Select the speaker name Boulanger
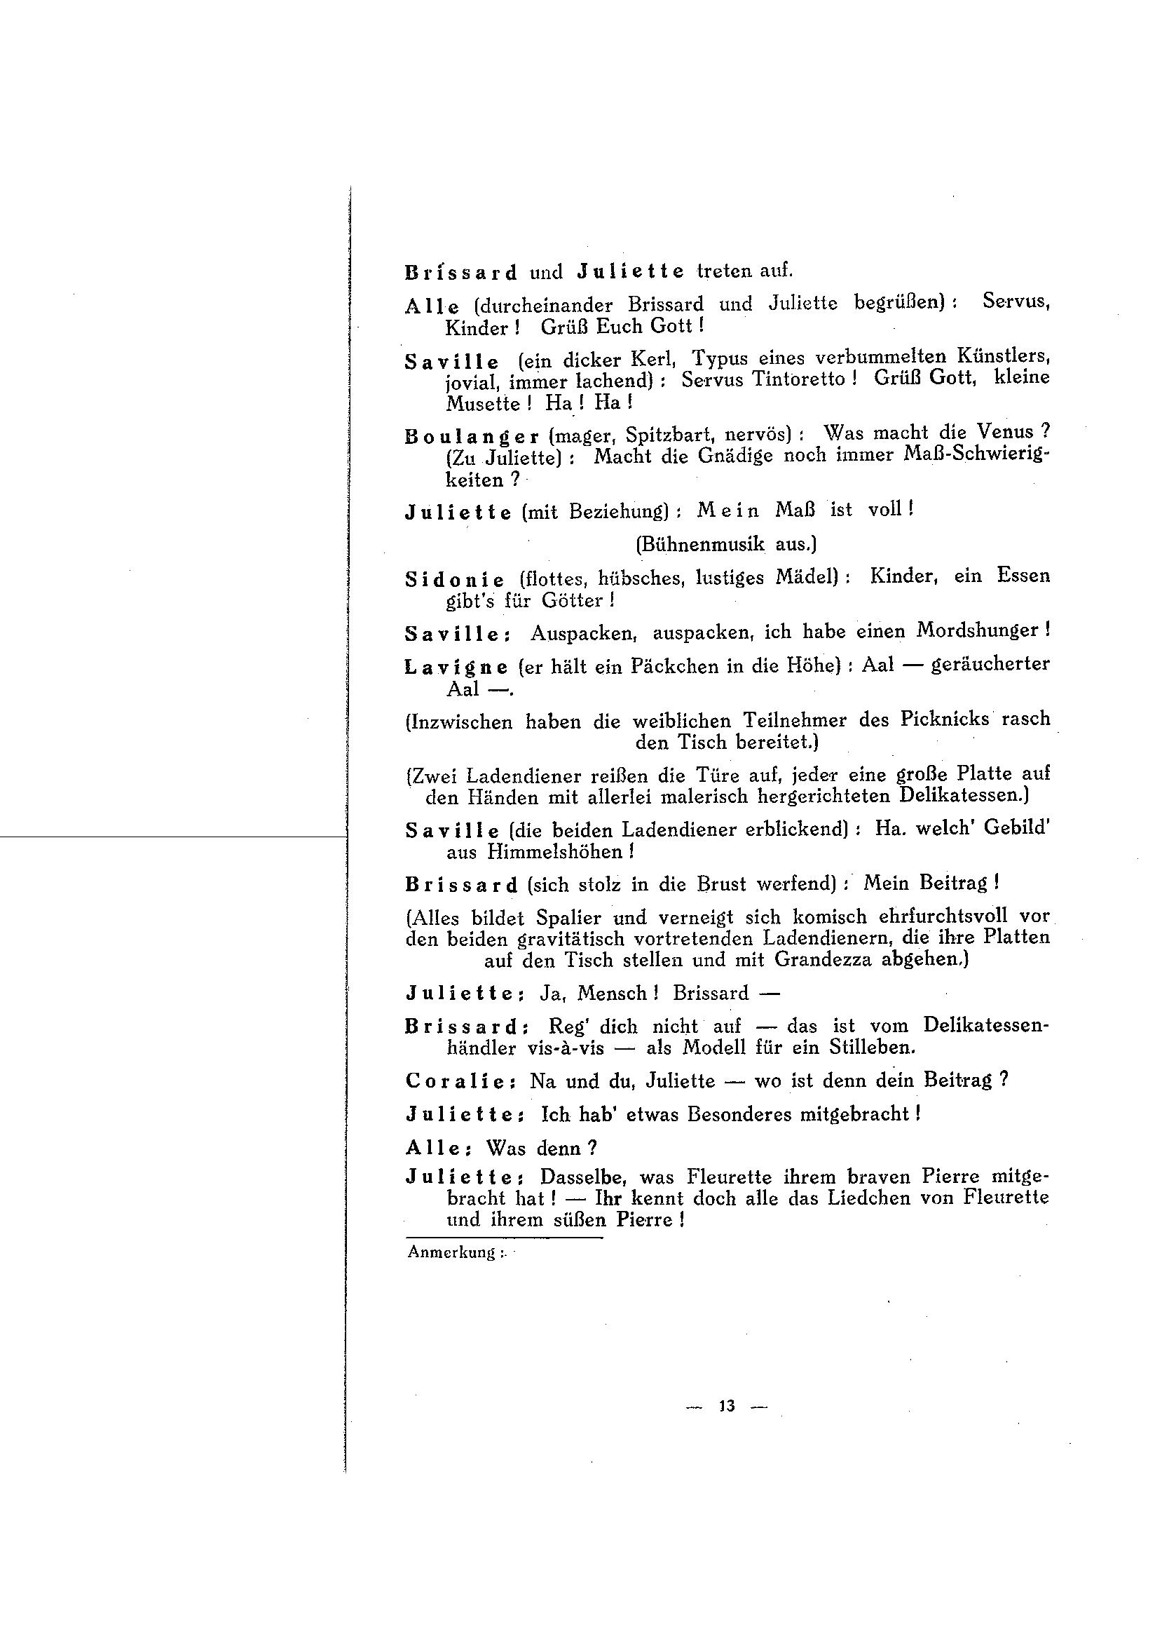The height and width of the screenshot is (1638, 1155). tap(472, 436)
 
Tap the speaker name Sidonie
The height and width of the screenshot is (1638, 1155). tap(455, 579)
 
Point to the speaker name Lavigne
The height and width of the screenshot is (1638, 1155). tap(456, 667)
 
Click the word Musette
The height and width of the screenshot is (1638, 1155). tap(483, 403)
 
